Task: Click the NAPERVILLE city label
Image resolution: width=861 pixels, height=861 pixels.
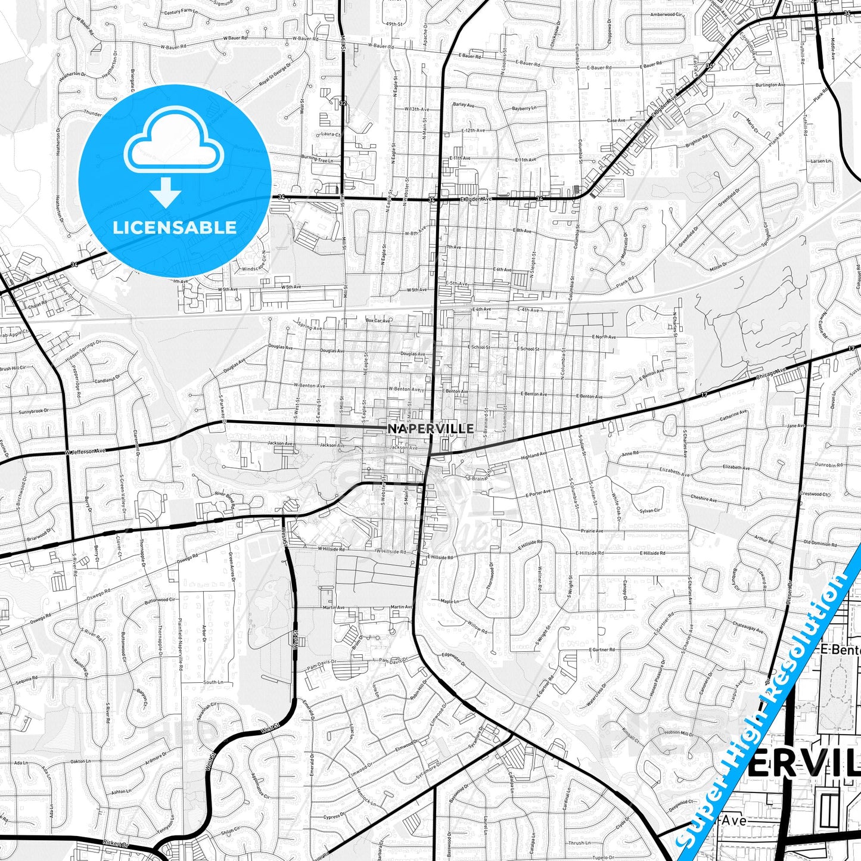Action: (431, 428)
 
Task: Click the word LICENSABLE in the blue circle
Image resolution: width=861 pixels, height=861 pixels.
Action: (175, 228)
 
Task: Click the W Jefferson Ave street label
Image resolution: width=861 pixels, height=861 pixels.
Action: (85, 452)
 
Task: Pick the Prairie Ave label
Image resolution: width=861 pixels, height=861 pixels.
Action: (592, 531)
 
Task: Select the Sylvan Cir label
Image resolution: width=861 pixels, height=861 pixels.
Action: (649, 511)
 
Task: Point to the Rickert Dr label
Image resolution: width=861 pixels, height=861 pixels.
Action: (116, 844)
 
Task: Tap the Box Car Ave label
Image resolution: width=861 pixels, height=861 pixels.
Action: (378, 321)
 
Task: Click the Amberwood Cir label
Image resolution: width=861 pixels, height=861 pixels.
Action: (666, 15)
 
